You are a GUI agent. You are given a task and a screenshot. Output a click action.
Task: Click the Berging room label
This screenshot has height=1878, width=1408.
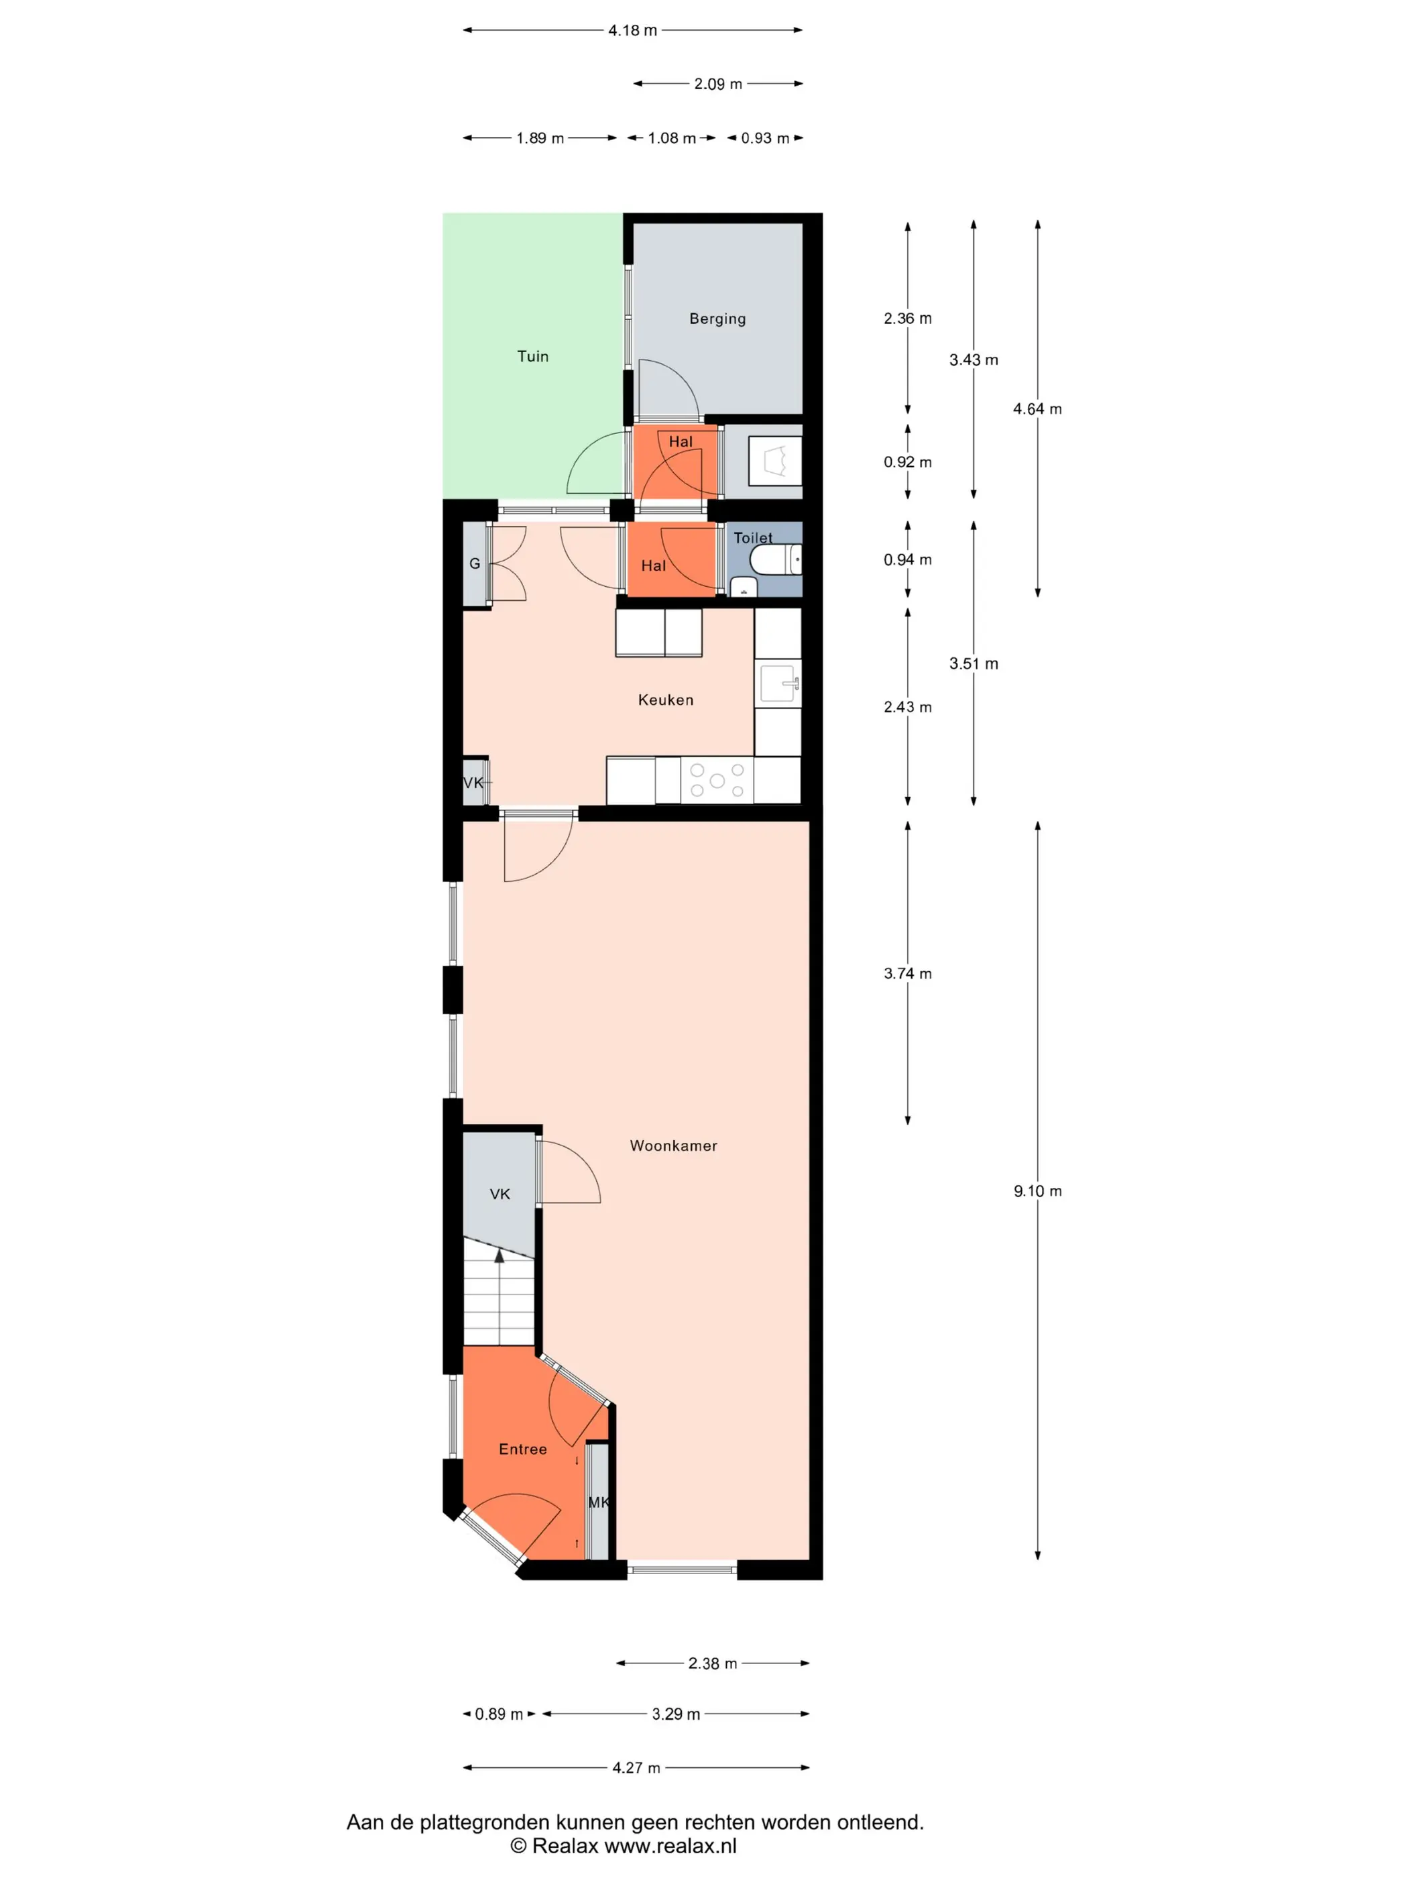point(717,319)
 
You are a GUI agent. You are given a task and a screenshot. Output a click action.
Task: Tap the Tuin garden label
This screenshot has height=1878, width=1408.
point(533,357)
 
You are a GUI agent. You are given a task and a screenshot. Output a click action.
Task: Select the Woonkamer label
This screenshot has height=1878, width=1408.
point(673,1146)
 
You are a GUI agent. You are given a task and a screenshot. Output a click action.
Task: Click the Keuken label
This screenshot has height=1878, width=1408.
point(665,700)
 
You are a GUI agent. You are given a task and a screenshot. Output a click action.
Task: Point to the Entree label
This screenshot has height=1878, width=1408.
point(523,1449)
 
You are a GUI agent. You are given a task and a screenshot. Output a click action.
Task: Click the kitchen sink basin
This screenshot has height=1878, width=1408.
point(777,683)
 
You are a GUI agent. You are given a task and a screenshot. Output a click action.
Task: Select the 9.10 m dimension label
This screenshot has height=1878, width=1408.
point(1037,1191)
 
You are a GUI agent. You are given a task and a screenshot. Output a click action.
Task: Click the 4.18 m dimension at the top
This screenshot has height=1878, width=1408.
point(632,31)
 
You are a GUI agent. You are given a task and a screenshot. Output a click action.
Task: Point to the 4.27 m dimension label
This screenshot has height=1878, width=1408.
point(636,1767)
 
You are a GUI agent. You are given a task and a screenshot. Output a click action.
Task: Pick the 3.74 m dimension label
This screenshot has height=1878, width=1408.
point(907,974)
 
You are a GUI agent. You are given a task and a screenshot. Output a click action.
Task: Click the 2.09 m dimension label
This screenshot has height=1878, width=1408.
point(718,84)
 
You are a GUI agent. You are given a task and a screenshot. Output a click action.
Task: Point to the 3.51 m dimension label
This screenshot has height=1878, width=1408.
point(974,664)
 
